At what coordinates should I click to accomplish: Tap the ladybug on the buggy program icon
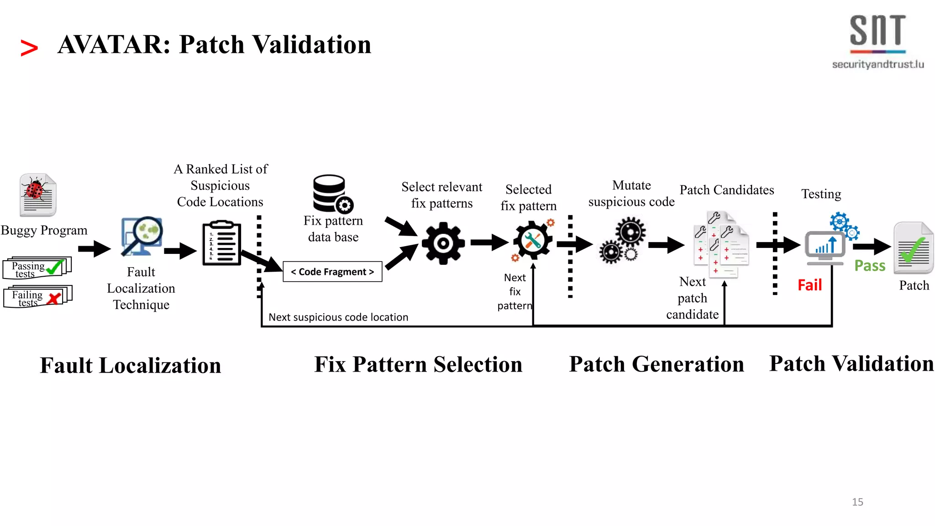pyautogui.click(x=35, y=189)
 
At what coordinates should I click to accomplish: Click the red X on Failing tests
pyautogui.click(x=54, y=299)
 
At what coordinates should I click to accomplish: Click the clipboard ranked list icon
pyautogui.click(x=222, y=243)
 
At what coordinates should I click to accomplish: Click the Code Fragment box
pyautogui.click(x=332, y=272)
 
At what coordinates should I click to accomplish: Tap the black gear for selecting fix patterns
pyautogui.click(x=443, y=243)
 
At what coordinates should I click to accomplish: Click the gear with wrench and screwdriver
pyautogui.click(x=532, y=241)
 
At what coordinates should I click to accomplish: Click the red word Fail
pyautogui.click(x=809, y=285)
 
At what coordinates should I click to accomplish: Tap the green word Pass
pyautogui.click(x=870, y=266)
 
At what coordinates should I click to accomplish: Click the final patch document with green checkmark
pyautogui.click(x=913, y=248)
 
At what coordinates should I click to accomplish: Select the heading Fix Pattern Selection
pyautogui.click(x=418, y=365)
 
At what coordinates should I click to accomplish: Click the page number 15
pyautogui.click(x=857, y=502)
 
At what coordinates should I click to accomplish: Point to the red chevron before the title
pyautogui.click(x=29, y=48)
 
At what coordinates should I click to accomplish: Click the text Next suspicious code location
pyautogui.click(x=338, y=317)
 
